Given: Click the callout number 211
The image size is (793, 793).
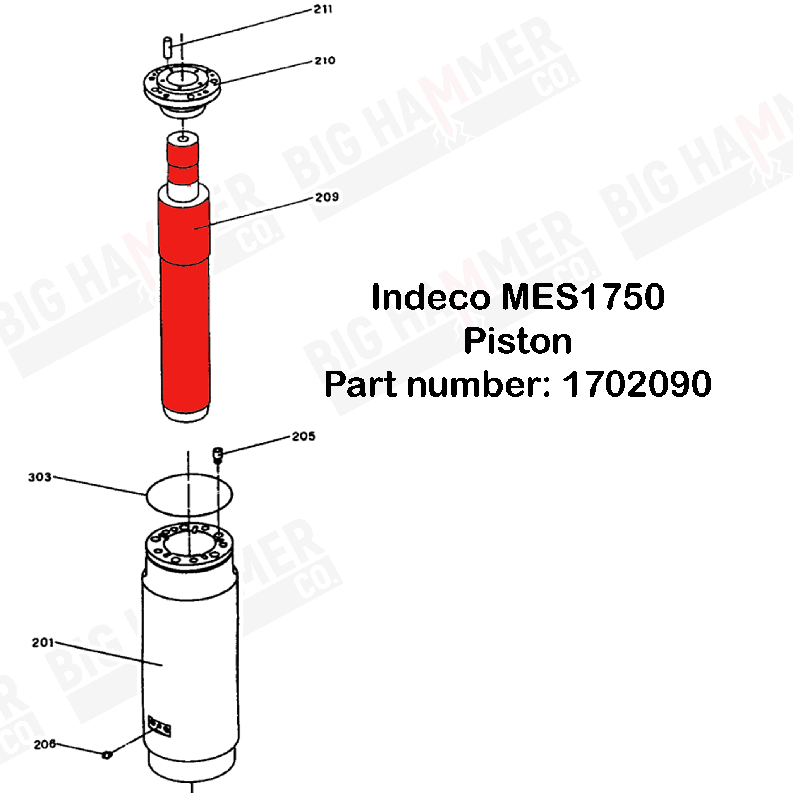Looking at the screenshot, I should click(x=323, y=9).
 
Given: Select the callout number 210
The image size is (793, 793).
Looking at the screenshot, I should click(x=324, y=61).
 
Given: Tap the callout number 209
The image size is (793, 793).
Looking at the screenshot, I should click(x=327, y=197).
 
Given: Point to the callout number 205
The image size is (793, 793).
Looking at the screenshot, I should click(x=303, y=436).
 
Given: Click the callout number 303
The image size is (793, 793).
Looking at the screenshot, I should click(x=40, y=477).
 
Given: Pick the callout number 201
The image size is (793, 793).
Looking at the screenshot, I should click(x=43, y=642).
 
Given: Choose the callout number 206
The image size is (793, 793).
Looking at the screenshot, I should click(x=44, y=744).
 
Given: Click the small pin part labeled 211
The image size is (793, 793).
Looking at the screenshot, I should click(x=167, y=47).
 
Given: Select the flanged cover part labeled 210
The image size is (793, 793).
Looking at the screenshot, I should click(x=182, y=88).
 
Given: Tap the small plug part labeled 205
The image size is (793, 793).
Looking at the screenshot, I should click(x=217, y=454).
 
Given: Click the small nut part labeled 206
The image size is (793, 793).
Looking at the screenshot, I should click(x=107, y=754).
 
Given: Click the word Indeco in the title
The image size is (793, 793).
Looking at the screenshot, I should click(x=431, y=298).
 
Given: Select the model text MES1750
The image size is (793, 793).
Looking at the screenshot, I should click(x=582, y=298).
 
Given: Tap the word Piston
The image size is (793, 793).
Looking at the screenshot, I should click(x=518, y=342).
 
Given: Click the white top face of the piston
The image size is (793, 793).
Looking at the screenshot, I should click(x=183, y=138).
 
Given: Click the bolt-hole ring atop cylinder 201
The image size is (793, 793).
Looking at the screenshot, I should click(x=189, y=546).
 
